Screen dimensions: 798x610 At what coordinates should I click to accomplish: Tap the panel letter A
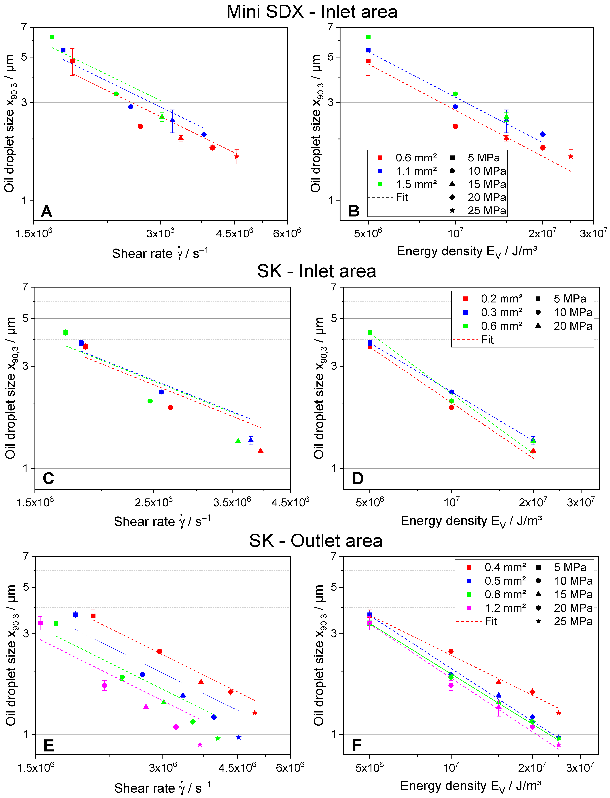(x=47, y=211)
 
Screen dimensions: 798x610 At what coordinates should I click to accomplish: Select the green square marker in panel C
(x=66, y=332)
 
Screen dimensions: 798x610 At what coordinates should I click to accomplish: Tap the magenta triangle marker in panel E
(x=146, y=706)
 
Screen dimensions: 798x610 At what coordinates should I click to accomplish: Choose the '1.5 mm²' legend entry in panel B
(x=416, y=184)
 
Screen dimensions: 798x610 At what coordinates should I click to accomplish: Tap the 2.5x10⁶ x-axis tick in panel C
(x=154, y=502)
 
